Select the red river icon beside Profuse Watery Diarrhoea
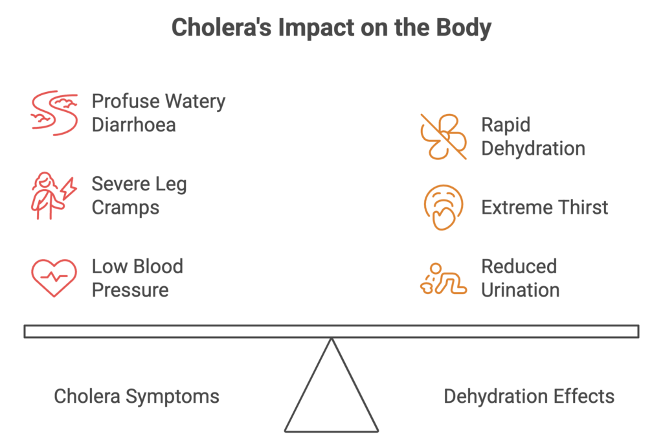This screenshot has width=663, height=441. pyautogui.click(x=54, y=113)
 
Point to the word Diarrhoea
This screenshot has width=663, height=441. pyautogui.click(x=133, y=124)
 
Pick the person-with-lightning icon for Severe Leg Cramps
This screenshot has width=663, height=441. pyautogui.click(x=54, y=196)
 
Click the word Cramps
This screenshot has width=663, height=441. pyautogui.click(x=126, y=207)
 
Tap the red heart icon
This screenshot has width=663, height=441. pyautogui.click(x=54, y=277)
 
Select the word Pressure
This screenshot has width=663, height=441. pyautogui.click(x=130, y=289)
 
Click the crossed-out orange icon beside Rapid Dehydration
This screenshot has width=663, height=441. pyautogui.click(x=443, y=137)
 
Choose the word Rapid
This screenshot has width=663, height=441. pyautogui.click(x=506, y=125)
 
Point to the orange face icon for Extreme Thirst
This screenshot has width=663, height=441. pyautogui.click(x=443, y=208)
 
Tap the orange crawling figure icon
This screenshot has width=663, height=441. pyautogui.click(x=443, y=278)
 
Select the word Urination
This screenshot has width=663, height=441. pyautogui.click(x=521, y=289)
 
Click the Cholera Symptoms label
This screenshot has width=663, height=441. pyautogui.click(x=137, y=396)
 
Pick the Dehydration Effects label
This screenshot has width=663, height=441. pyautogui.click(x=529, y=396)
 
